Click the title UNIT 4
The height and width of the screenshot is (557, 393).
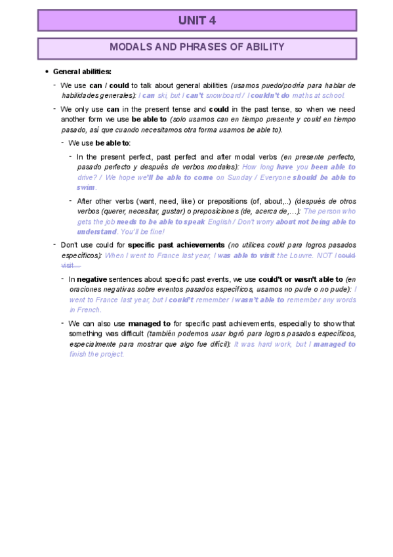(197, 20)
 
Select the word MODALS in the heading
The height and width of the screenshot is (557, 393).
(129, 47)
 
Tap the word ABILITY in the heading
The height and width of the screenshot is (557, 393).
(265, 47)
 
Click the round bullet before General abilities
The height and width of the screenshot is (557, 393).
(47, 71)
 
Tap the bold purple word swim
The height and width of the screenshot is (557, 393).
(87, 187)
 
